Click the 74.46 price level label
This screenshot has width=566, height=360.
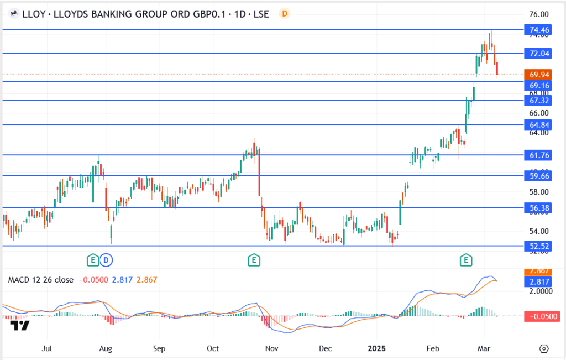[x=538, y=30]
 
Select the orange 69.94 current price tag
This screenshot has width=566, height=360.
[x=538, y=75]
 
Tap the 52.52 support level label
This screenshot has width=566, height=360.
[x=538, y=246]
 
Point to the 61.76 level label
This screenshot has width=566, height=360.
[x=538, y=155]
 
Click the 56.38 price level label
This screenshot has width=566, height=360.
[x=538, y=208]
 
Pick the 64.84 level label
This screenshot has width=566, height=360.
[x=538, y=125]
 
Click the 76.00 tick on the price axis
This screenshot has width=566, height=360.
[x=538, y=14]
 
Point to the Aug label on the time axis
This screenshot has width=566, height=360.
[x=106, y=348]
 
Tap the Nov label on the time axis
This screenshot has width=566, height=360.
[x=271, y=348]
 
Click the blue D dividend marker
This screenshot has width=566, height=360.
[x=107, y=259]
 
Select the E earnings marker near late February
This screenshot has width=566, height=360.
[x=467, y=259]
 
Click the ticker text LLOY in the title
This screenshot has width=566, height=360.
[x=31, y=14]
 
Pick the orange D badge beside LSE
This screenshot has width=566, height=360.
[x=284, y=13]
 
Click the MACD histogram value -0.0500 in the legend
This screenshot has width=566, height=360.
[x=93, y=280]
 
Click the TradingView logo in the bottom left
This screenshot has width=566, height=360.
[x=22, y=326]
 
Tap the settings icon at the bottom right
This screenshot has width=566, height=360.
[x=544, y=348]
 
